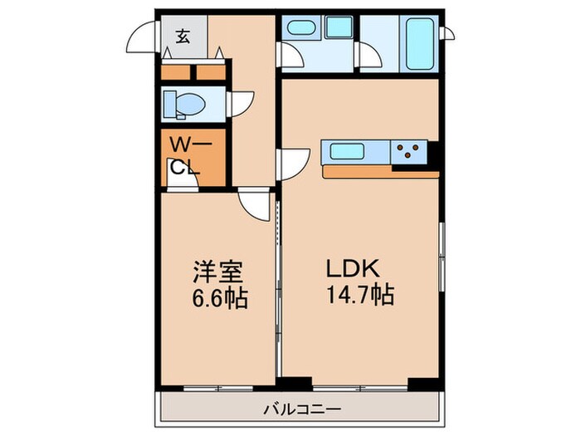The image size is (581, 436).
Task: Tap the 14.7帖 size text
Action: tap(359, 295)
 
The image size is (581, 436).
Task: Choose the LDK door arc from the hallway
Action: tap(292, 160)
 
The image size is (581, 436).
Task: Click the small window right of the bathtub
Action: tap(449, 33)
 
